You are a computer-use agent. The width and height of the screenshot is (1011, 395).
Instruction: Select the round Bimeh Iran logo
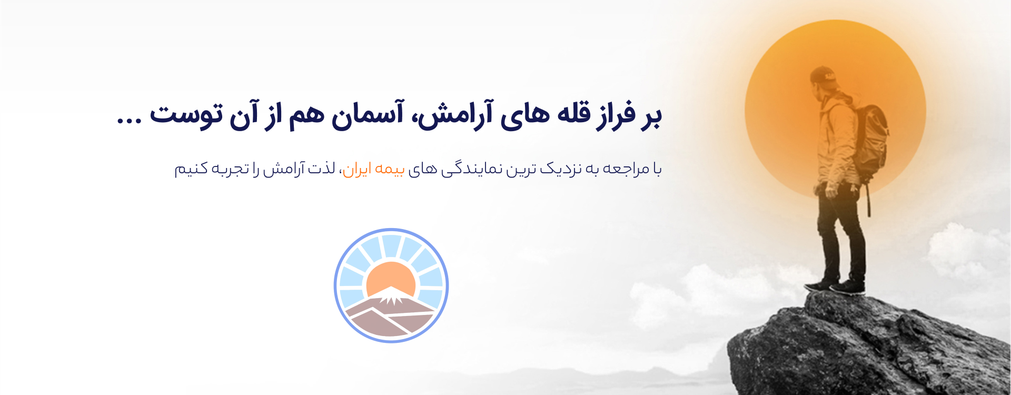[x=391, y=285]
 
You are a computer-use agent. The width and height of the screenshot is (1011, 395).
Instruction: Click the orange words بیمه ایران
[x=374, y=169]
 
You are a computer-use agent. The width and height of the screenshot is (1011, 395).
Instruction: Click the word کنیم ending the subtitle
[x=191, y=169]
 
